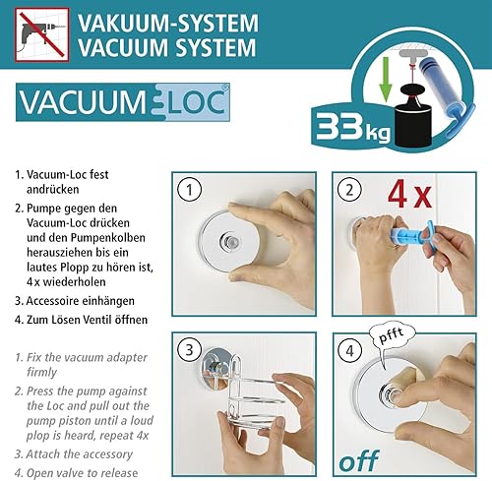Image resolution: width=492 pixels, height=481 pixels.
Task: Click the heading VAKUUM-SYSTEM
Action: coord(168,22)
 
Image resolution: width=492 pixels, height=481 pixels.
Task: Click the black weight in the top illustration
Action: coord(417,117)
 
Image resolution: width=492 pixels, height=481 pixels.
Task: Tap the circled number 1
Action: coord(190,187)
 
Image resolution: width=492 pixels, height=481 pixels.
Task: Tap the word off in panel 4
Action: coord(359,459)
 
